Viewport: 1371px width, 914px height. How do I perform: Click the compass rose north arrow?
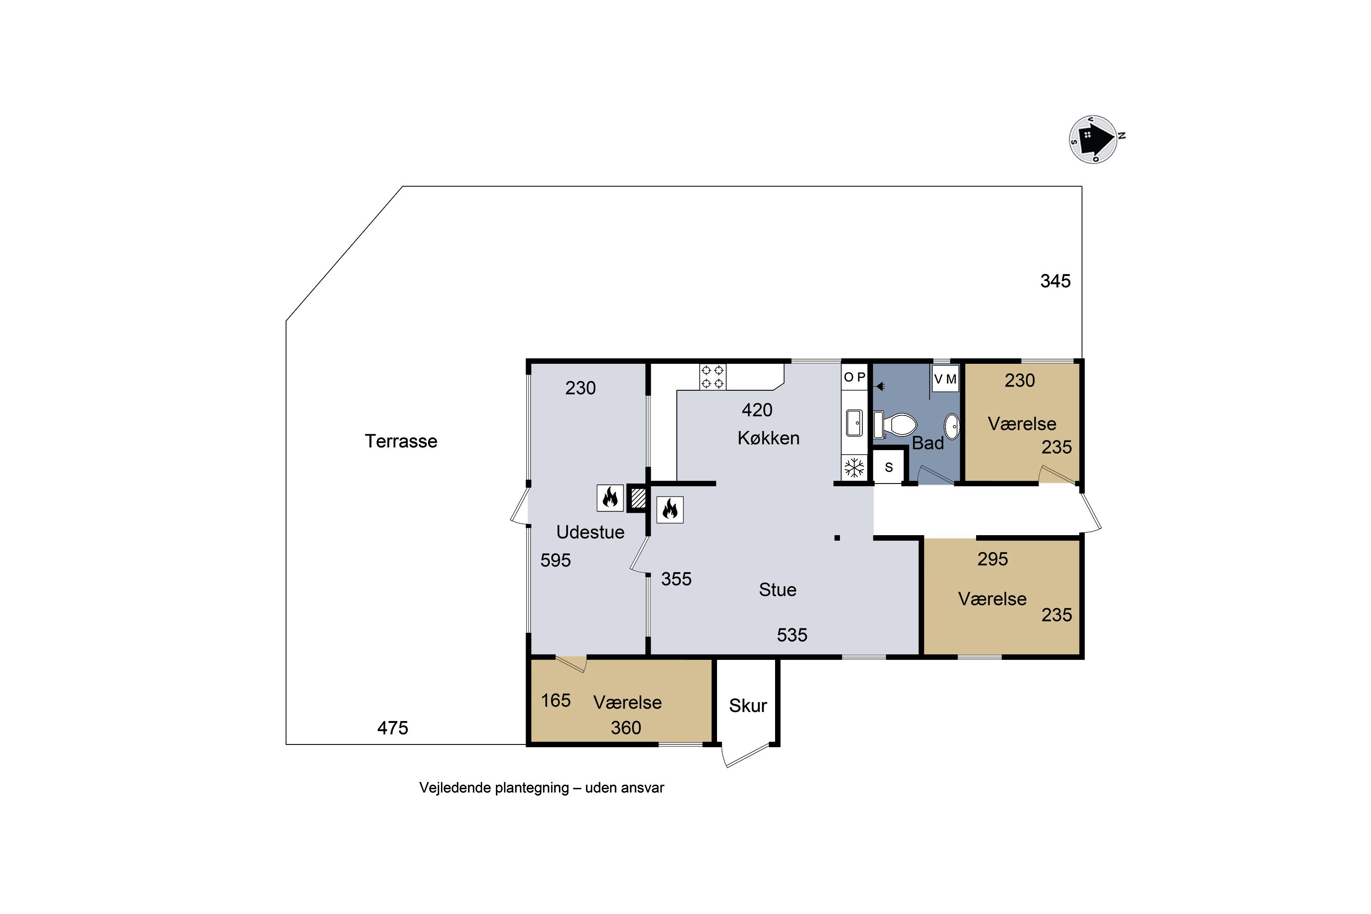pos(1094,139)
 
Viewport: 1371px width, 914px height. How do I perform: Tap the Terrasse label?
pos(401,441)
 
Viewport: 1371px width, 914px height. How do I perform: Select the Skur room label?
pos(748,706)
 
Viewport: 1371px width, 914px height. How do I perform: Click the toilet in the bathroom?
pos(895,425)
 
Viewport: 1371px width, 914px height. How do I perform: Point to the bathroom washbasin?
pos(951,427)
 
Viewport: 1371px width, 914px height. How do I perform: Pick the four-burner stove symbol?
pos(712,377)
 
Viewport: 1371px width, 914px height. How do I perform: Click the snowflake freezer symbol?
pos(855,468)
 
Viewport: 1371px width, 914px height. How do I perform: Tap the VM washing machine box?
pos(945,379)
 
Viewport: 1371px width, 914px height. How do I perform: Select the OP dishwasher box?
pos(855,377)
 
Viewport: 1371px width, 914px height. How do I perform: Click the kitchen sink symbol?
pos(855,423)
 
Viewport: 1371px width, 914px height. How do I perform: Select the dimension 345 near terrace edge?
pos(1055,281)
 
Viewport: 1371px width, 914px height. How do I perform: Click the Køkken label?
pos(768,438)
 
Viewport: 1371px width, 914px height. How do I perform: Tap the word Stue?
pos(778,590)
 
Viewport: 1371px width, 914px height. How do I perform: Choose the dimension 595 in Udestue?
pos(556,560)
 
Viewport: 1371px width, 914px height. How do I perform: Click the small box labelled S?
pos(888,467)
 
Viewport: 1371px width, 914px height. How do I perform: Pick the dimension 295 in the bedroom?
pos(993,559)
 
